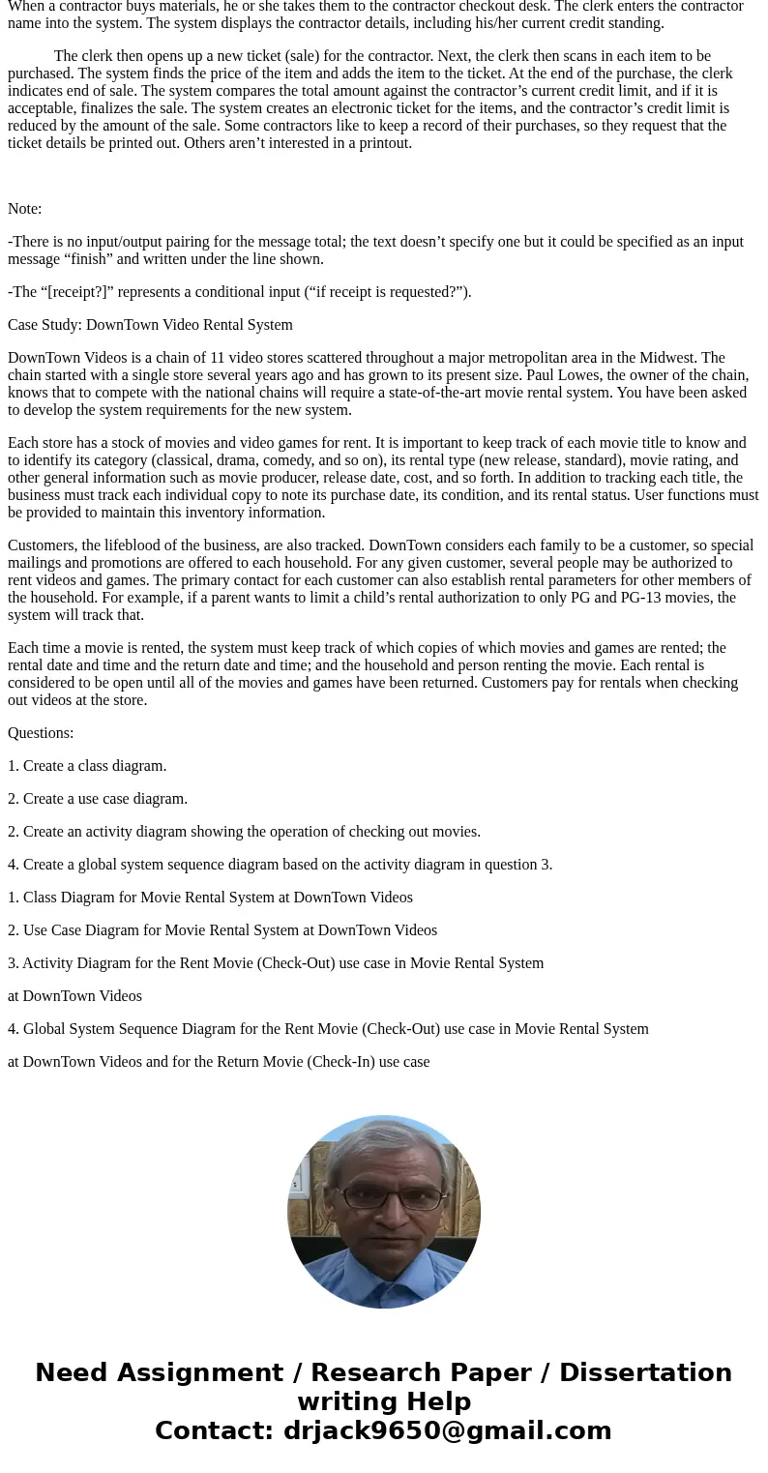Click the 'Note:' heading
click(25, 209)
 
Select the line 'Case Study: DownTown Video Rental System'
click(150, 325)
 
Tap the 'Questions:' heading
click(41, 733)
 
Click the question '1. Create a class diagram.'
click(87, 766)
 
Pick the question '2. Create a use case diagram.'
click(98, 799)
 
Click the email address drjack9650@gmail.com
click(447, 1430)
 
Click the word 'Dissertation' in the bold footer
click(645, 1372)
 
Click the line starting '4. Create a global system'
click(280, 865)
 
